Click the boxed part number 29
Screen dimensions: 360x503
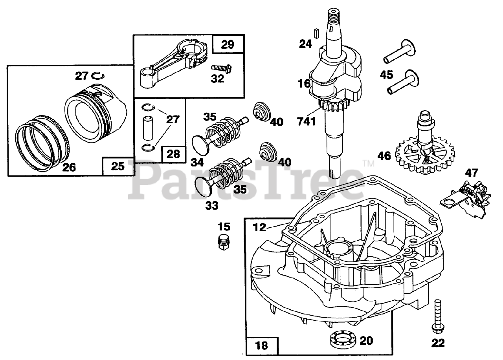(227, 44)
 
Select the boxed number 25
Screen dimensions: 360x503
(117, 166)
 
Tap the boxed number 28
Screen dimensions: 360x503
(173, 153)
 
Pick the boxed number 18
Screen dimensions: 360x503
(261, 345)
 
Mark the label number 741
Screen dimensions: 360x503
(307, 121)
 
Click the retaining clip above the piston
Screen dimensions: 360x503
(97, 75)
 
